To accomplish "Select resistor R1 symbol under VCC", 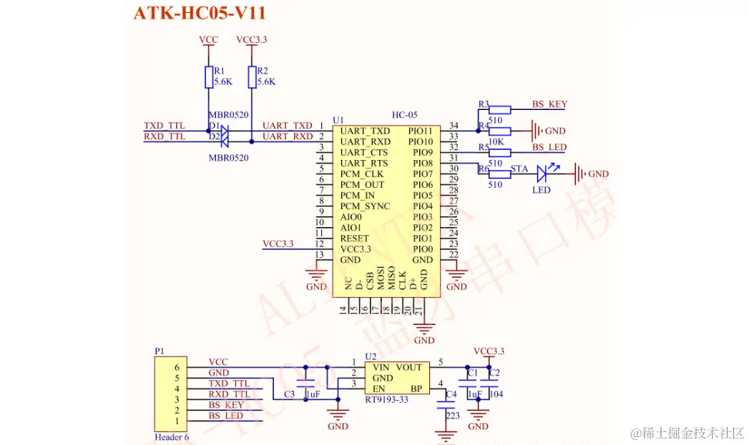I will tap(209, 77).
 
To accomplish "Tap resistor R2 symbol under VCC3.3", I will tap(252, 77).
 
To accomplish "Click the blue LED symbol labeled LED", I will tap(548, 172).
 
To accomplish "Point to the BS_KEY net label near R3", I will tap(549, 104).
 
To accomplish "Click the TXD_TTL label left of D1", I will tap(165, 126).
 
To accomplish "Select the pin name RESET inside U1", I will tap(355, 238).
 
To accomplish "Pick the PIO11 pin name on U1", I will tap(421, 131).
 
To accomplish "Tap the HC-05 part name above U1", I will tap(404, 115).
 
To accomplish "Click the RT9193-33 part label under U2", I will tap(386, 399).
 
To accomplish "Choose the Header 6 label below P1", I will tap(172, 437).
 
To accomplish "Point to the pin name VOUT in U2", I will tap(408, 367).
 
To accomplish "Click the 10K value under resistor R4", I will tap(495, 142).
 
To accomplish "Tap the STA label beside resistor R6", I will tap(519, 169).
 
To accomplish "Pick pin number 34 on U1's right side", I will tap(454, 126).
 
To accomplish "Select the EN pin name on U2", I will tap(378, 389).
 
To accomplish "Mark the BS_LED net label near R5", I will tap(549, 148).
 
